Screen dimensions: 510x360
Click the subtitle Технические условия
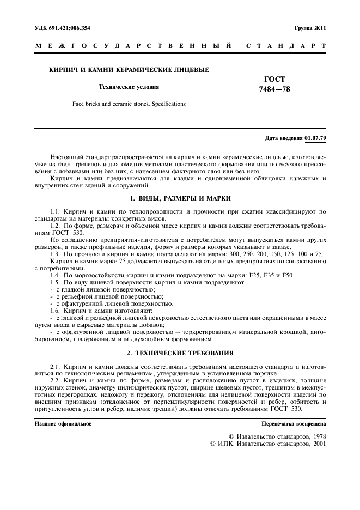(x=129, y=86)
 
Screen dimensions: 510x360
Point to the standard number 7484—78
(x=274, y=89)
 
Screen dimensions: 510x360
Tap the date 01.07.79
(x=315, y=137)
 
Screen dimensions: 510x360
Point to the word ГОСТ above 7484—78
(x=274, y=79)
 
